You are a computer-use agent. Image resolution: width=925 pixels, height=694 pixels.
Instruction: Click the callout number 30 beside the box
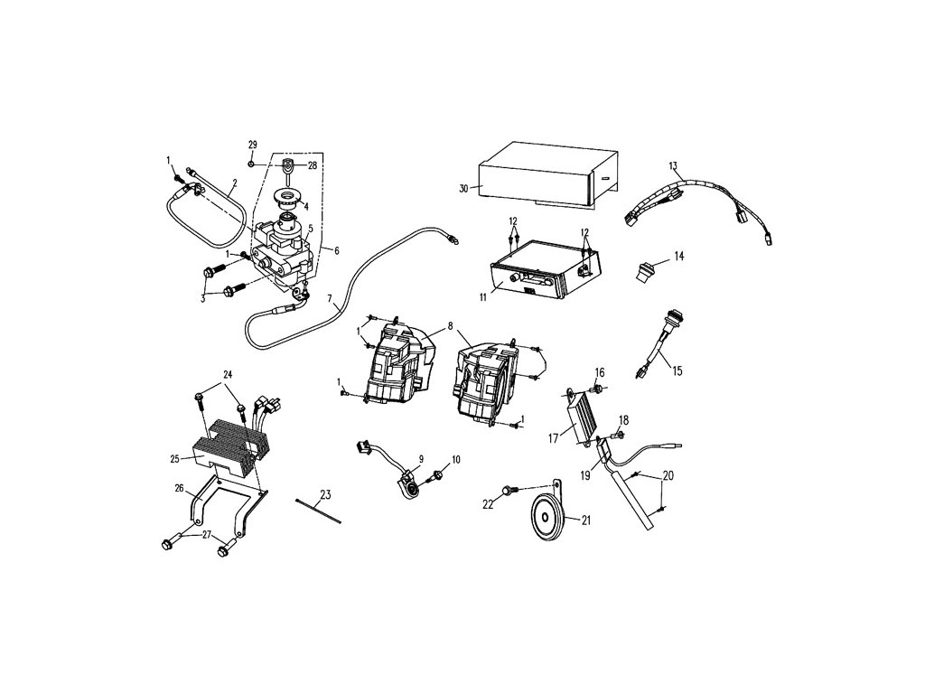tap(463, 189)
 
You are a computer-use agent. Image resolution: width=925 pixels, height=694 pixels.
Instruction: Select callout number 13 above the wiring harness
tap(673, 166)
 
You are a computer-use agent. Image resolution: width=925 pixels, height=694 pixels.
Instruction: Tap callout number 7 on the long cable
tap(331, 299)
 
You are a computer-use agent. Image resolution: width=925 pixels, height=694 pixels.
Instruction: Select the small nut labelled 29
tap(251, 163)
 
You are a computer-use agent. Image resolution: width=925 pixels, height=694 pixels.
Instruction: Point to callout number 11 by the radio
tap(483, 297)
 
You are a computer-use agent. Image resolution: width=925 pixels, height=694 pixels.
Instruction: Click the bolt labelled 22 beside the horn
tap(509, 491)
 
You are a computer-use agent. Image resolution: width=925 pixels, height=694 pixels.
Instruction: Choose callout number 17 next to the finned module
tap(553, 438)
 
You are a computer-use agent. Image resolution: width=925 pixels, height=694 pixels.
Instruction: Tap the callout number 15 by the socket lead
tap(677, 371)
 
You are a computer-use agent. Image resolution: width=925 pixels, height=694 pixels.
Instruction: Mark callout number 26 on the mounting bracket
tap(180, 488)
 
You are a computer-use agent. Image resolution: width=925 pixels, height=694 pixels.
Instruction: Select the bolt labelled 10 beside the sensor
tap(438, 474)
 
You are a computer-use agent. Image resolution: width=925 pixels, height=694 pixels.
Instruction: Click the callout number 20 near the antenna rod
tap(668, 475)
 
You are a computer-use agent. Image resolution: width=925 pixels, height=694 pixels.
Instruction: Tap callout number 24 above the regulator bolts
tap(228, 374)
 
